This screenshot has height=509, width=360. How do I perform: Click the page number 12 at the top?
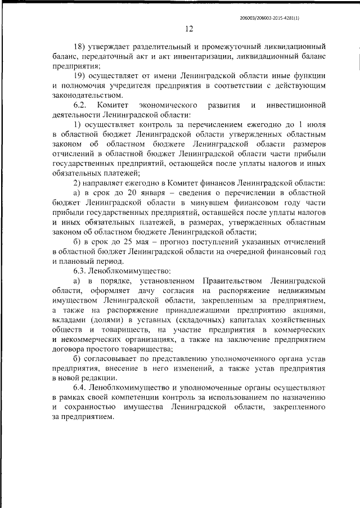click(x=189, y=29)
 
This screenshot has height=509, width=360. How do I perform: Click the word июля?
click(x=315, y=124)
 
